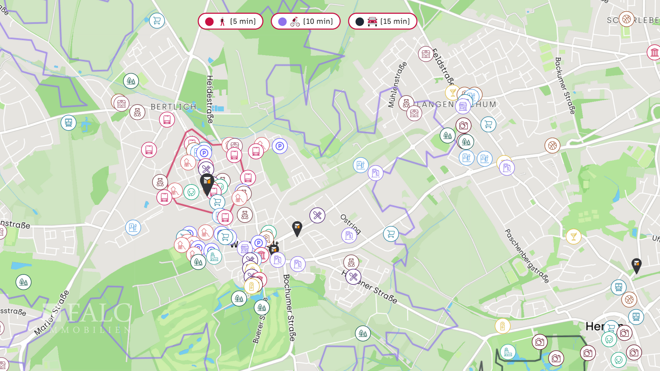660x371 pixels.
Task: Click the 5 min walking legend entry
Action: (230, 21)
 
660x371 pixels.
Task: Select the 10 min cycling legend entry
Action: (306, 21)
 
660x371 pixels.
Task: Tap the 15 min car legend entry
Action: (383, 21)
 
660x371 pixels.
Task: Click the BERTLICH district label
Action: (173, 107)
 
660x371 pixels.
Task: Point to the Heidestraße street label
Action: (210, 99)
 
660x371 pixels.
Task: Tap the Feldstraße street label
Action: (443, 67)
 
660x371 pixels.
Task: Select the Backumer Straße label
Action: (565, 86)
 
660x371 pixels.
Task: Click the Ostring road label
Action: (350, 224)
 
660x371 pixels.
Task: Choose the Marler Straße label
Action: (52, 313)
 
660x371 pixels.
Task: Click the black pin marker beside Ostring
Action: (297, 228)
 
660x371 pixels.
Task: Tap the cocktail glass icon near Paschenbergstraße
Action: (573, 236)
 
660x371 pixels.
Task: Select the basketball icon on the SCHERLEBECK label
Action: (626, 19)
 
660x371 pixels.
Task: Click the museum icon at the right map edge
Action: (654, 53)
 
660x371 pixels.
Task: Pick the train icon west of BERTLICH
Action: (68, 123)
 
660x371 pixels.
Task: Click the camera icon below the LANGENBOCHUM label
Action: (463, 125)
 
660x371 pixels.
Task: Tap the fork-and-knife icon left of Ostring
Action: (317, 215)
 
